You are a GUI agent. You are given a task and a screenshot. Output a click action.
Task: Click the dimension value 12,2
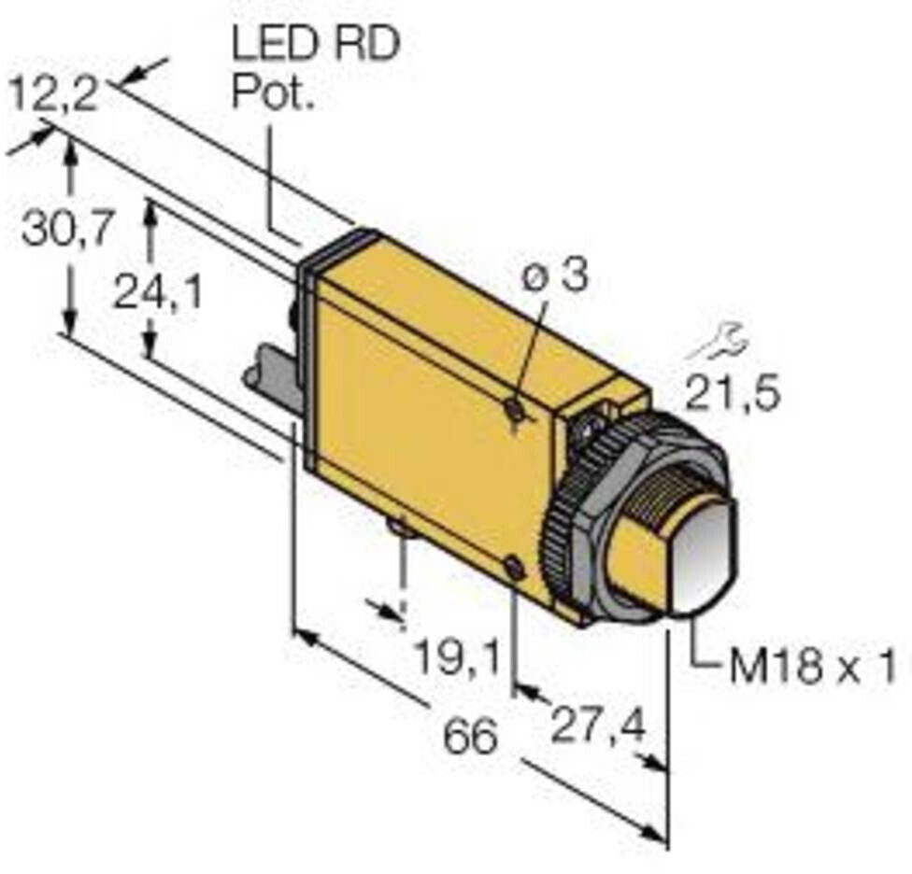point(52,95)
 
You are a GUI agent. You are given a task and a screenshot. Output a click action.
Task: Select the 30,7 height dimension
point(68,229)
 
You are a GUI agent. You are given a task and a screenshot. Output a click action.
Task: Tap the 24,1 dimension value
point(158,293)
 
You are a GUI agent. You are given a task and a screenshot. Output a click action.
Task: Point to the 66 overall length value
point(468,738)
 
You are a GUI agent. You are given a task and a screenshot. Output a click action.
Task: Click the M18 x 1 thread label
point(813,668)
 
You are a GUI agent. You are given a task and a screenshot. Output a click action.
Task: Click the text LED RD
point(315,45)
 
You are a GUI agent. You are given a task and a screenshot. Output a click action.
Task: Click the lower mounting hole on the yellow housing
point(512,566)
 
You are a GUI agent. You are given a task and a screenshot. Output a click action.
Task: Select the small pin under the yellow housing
point(401,529)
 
